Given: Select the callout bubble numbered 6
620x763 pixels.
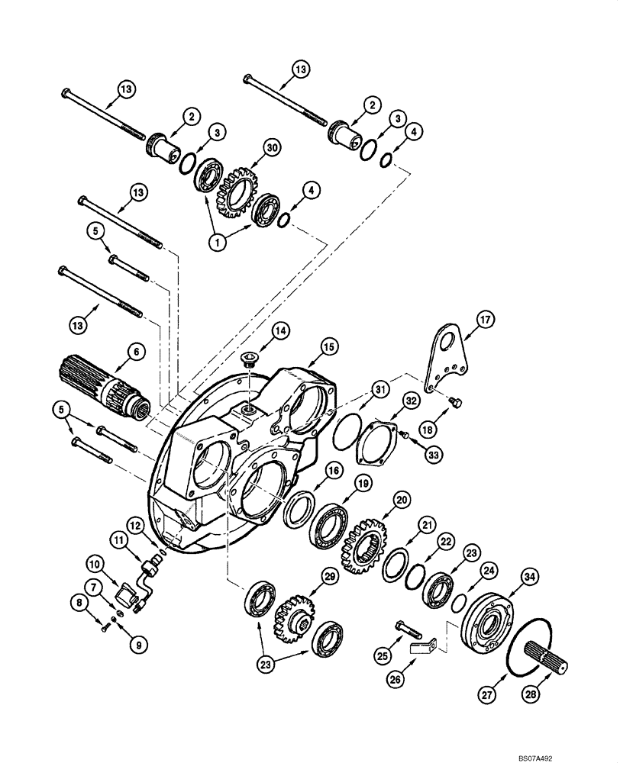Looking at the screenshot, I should pyautogui.click(x=135, y=351).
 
